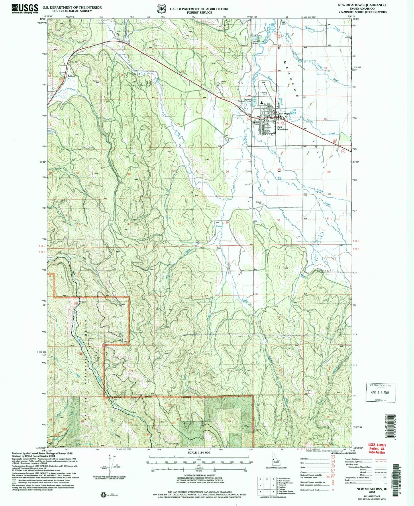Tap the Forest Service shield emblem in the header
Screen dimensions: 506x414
pos(161,9)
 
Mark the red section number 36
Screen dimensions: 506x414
pos(278,220)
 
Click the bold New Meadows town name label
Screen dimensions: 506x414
pos(282,128)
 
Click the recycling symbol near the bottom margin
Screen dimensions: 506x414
pos(103,494)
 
